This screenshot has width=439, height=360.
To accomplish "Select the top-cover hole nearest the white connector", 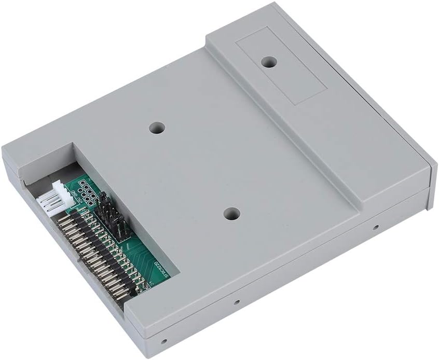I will [x=157, y=127].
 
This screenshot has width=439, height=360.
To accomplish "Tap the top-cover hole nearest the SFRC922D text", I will [x=232, y=213].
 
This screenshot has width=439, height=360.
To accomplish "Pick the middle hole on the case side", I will [x=235, y=302].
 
